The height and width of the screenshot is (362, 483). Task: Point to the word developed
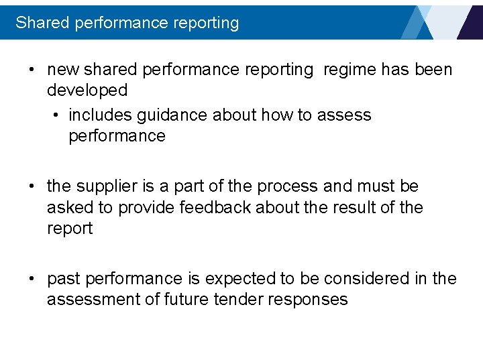[87, 90]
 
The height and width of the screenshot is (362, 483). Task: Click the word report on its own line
[70, 229]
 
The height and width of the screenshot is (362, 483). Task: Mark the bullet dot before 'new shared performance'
[32, 70]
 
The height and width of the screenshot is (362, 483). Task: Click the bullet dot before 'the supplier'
[32, 186]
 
